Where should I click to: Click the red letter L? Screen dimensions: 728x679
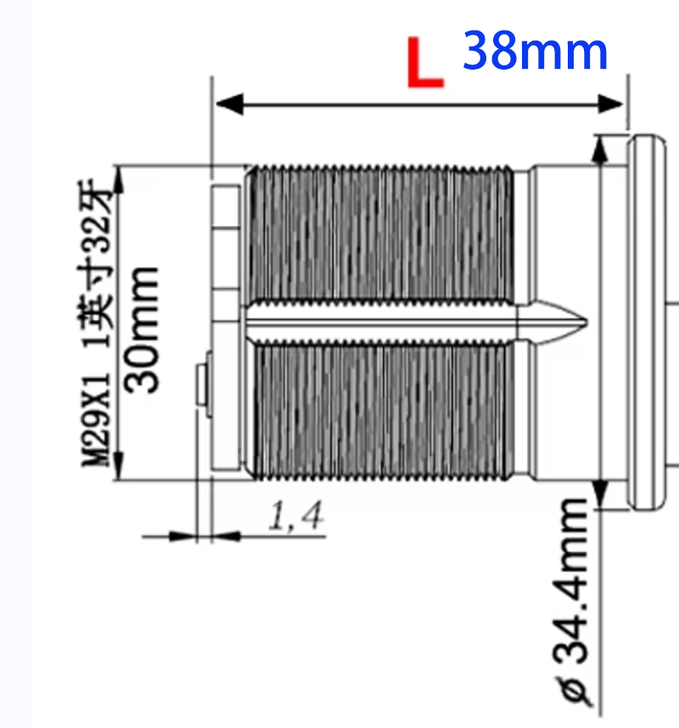coord(424,63)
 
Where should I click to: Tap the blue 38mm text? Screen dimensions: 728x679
coord(536,52)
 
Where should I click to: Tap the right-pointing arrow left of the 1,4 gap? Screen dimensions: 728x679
coord(182,536)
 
